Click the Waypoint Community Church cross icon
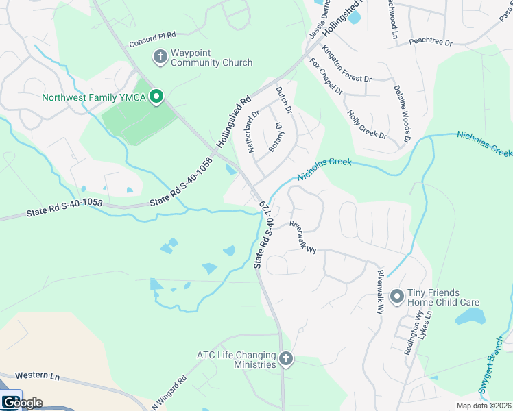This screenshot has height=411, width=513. (x=160, y=57)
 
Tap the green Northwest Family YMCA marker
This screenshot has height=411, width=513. (x=156, y=97)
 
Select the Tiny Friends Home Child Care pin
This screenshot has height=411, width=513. (x=396, y=297)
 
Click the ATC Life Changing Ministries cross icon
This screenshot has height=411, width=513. (x=285, y=358)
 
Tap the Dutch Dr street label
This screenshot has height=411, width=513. (x=284, y=100)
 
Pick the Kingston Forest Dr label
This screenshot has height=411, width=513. (x=346, y=65)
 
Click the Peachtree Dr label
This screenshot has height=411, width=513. (x=431, y=42)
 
